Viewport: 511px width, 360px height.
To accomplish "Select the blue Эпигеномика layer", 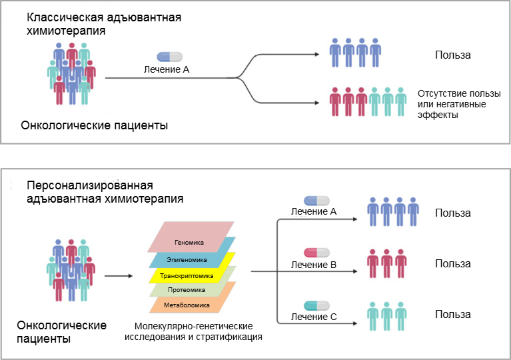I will coord(191,260).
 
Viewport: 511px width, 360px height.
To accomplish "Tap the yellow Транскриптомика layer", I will coord(191,275).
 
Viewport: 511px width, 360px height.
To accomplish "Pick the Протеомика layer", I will coord(191,290).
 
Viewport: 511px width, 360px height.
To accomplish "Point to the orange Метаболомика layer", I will coord(191,305).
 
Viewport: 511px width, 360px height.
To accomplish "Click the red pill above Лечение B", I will coord(316,253).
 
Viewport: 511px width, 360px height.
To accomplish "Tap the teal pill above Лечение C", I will coord(316,305).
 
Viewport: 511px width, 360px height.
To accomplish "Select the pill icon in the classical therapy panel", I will coord(169,57).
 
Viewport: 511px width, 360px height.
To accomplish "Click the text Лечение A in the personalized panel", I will coord(313,211).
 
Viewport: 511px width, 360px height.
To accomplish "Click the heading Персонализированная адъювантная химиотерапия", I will coord(105,191).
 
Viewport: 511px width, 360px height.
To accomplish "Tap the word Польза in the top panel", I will coord(452,55).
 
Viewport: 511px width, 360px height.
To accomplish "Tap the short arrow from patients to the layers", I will coord(118,274).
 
